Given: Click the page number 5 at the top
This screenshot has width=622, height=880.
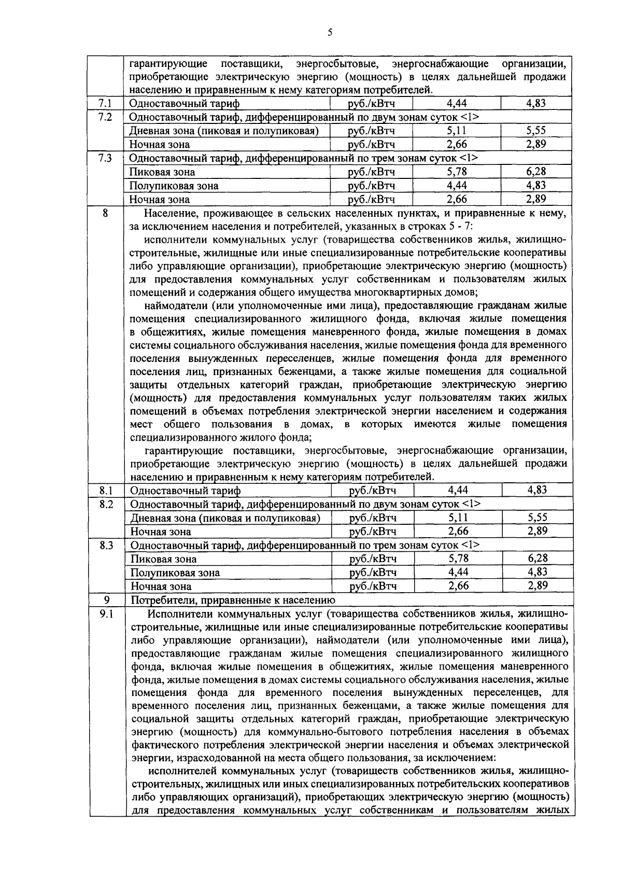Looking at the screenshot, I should pyautogui.click(x=330, y=33).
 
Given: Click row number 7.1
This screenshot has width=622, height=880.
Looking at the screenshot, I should pyautogui.click(x=105, y=104).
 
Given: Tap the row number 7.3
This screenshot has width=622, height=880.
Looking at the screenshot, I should pyautogui.click(x=105, y=158).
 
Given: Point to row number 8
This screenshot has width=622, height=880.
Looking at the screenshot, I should pyautogui.click(x=105, y=213).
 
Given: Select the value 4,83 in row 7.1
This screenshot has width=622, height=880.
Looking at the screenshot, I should pyautogui.click(x=535, y=103).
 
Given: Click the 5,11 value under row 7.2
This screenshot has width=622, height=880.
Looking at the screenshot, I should pyautogui.click(x=457, y=131).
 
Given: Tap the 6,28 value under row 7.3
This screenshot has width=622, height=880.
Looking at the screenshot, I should pyautogui.click(x=535, y=172).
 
